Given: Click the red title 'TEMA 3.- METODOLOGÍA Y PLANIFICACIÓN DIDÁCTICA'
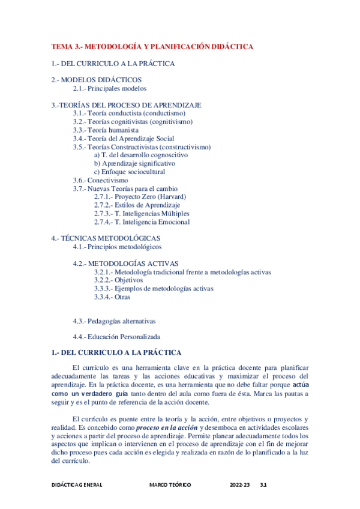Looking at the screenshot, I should tap(152, 46).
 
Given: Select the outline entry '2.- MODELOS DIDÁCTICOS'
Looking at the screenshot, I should tap(97, 80).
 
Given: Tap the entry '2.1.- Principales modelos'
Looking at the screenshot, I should tap(109, 88).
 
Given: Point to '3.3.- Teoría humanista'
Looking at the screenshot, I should tap(106, 130).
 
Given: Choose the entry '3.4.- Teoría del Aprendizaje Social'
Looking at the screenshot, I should tap(124, 138).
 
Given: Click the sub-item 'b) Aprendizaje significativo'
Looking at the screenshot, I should tap(134, 163).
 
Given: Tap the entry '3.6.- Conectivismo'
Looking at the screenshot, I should tap(100, 180).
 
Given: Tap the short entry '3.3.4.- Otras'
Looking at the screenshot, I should tap(112, 297).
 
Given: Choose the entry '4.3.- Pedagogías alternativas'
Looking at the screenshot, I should tap(114, 321).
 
